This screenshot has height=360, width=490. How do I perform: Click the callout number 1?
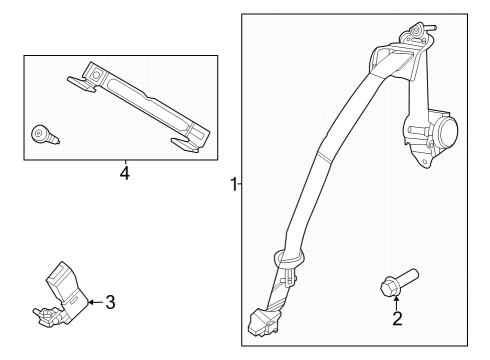[x=232, y=184]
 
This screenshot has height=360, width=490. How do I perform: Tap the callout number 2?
[x=397, y=319]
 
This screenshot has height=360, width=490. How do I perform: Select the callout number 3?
[x=111, y=301]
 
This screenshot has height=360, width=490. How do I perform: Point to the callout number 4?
[x=124, y=173]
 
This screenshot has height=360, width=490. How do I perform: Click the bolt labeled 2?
[x=397, y=281]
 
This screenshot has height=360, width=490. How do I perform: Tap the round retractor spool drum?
[x=440, y=130]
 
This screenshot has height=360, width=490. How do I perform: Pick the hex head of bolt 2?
[x=388, y=288]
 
